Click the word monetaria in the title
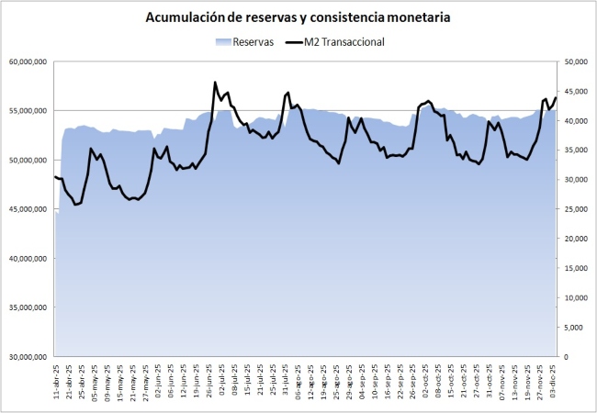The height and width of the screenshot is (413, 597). [418, 17]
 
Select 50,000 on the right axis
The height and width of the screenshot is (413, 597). [575, 61]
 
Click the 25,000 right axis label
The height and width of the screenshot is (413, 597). [575, 209]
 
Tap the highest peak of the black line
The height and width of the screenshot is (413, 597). [215, 83]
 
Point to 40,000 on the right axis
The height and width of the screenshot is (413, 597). [575, 120]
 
